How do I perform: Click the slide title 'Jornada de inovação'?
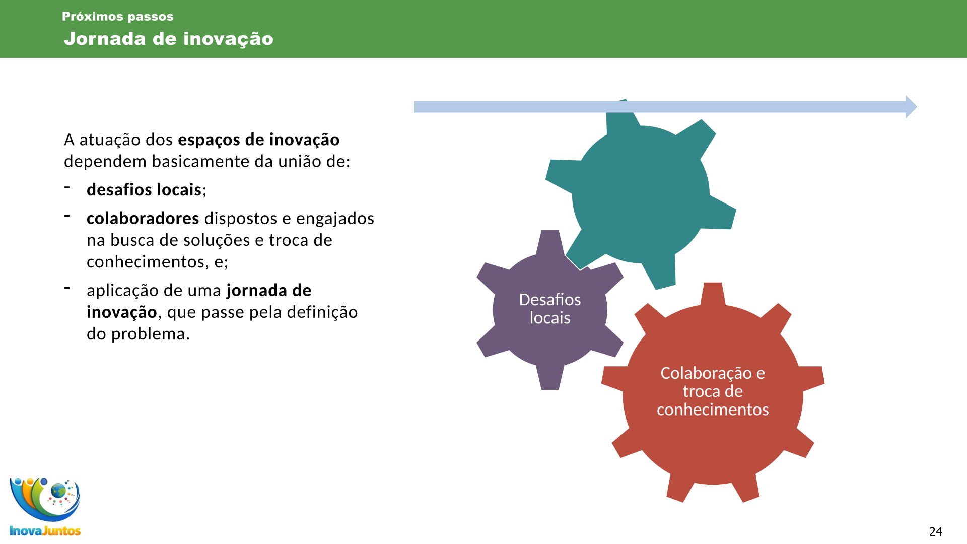click(169, 39)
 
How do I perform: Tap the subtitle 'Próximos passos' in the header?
click(118, 17)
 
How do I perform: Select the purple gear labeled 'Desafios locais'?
click(550, 310)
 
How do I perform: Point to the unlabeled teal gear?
click(641, 194)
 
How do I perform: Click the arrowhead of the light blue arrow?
click(911, 107)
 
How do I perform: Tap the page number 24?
click(936, 531)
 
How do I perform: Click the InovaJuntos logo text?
click(45, 530)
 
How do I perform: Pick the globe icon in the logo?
click(58, 490)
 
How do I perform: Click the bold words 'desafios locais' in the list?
click(144, 190)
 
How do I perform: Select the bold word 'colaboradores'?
click(143, 218)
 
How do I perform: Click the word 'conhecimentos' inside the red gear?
click(713, 410)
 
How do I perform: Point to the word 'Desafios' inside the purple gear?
click(550, 300)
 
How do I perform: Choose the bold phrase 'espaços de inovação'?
click(259, 140)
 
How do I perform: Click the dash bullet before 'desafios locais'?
click(67, 187)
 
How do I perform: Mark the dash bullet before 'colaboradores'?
click(67, 216)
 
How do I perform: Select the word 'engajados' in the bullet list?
click(335, 219)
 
